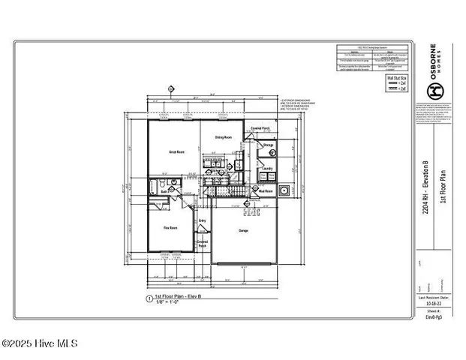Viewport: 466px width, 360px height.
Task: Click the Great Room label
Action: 176,151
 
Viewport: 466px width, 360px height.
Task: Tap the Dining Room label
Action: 223,137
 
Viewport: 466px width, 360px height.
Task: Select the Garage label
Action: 243,230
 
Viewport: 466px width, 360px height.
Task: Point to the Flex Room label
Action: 170,226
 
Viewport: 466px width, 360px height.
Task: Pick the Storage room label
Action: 268,144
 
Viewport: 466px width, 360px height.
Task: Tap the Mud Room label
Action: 265,191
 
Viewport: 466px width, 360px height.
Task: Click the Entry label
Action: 202,220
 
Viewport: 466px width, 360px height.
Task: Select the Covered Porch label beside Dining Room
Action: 260,128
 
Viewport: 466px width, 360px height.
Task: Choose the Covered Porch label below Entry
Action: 202,244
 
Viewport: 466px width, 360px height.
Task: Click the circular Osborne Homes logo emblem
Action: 434,91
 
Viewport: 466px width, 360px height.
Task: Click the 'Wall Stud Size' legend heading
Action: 395,77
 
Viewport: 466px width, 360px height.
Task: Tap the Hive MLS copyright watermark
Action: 39,344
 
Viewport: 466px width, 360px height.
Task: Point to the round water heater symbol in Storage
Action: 272,154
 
